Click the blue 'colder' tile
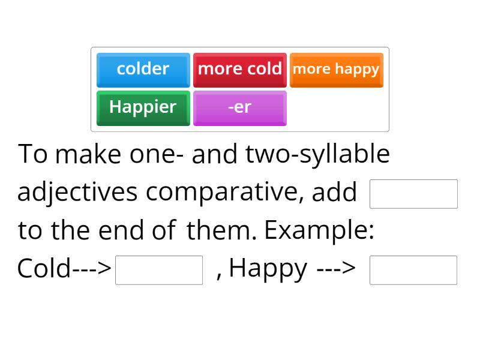coord(143,70)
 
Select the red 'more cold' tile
coord(239,70)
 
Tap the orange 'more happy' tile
coord(336,70)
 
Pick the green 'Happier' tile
coord(143,107)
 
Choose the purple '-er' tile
coord(239,107)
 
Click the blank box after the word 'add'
coord(413,194)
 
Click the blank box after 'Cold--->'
coord(159,270)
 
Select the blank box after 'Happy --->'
coord(413,270)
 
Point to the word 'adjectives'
coord(78,193)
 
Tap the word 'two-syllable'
coord(318,155)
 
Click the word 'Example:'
coord(319,230)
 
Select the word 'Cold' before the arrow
coord(44,269)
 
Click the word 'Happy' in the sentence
coord(268,269)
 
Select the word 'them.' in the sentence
coord(222,230)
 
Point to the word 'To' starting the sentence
coord(33,155)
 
